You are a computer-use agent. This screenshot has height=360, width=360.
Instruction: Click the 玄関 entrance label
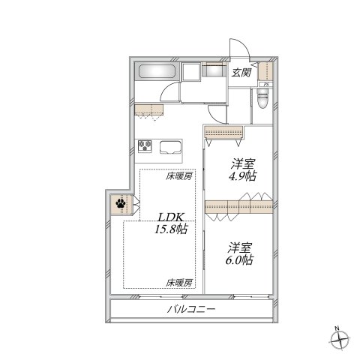tap(241, 73)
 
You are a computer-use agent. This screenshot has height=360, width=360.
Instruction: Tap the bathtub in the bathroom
tap(156, 73)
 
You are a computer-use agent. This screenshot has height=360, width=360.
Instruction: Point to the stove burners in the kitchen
tap(144, 145)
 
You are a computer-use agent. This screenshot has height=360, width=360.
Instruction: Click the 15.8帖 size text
tap(172, 229)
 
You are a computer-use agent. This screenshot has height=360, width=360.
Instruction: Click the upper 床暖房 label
tap(179, 177)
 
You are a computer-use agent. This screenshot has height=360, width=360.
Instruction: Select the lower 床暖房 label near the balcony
tap(179, 283)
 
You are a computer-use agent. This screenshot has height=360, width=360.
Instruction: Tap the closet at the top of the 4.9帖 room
tap(224, 133)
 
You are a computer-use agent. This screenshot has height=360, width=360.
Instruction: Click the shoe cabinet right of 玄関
tap(265, 71)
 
